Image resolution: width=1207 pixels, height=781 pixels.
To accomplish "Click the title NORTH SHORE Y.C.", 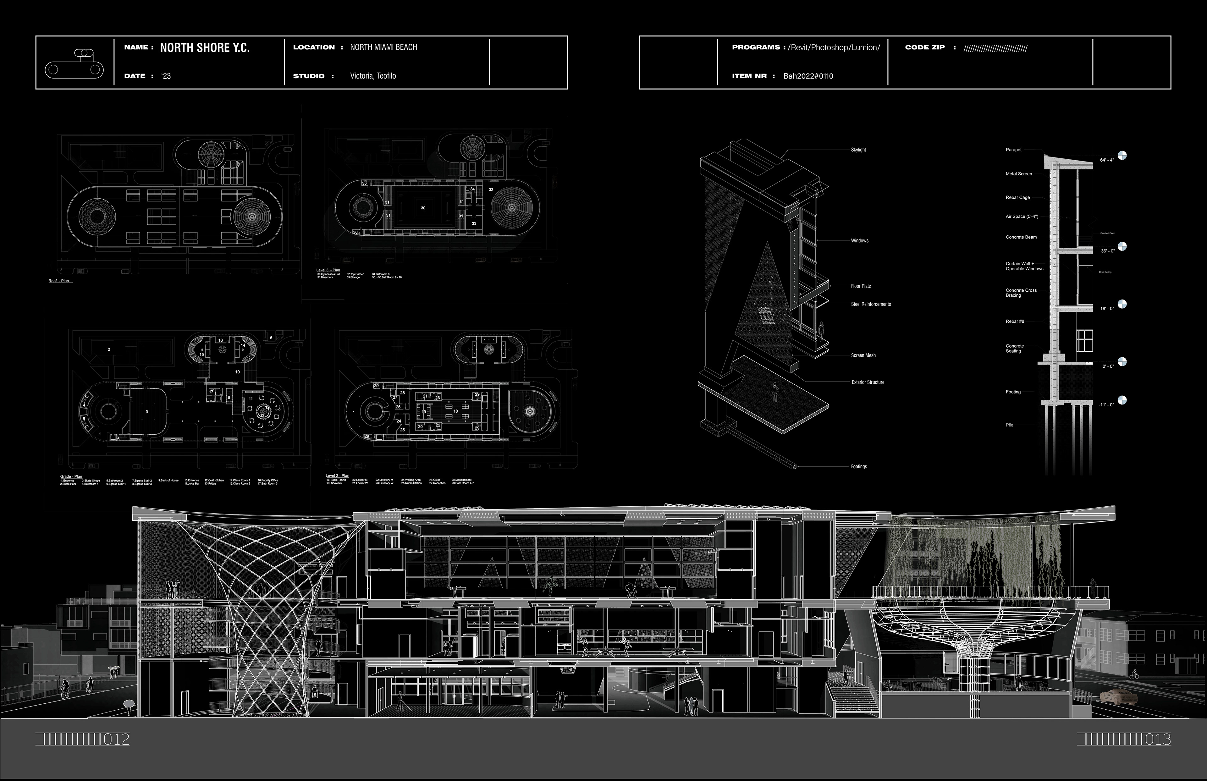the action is coord(204,48).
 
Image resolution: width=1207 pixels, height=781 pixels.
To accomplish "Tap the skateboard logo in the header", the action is coord(74,63).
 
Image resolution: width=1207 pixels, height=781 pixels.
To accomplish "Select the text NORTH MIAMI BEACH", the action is coord(383,47).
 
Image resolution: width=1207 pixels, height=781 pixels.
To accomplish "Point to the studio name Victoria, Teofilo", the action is coord(373,75).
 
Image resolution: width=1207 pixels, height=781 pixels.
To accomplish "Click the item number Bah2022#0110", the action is coord(808,76).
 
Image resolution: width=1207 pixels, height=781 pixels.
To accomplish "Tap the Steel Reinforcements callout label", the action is coord(870,304).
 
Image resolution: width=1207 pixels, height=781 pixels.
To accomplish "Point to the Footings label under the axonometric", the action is coord(859,467).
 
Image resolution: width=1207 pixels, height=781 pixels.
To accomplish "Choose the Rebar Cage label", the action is coord(1017,198).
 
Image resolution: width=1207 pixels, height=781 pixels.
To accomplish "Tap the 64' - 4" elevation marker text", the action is coord(1107,160).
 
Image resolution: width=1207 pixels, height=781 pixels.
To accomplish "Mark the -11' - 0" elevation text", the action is coord(1106,405).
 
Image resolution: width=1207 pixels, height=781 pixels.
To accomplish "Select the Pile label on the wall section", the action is coord(1009,425).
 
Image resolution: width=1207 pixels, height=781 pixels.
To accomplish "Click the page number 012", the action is coord(116,740).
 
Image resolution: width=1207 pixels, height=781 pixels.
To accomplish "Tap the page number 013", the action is coord(1158,740).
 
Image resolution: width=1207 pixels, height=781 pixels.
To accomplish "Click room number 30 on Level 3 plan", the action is coord(423,208).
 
